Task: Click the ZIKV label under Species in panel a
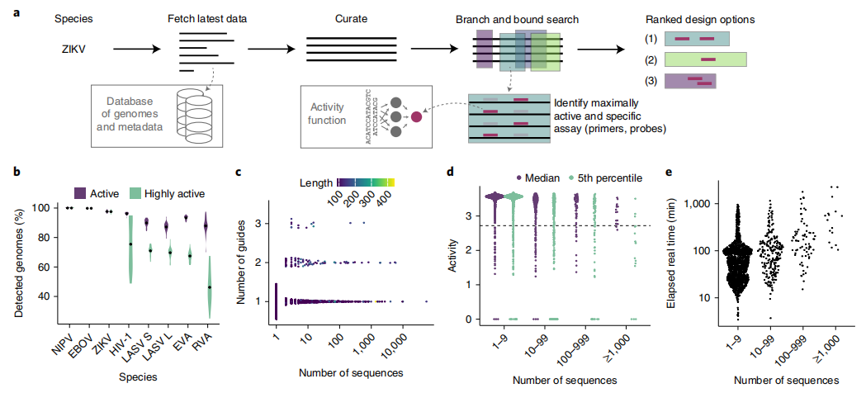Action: point(73,48)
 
